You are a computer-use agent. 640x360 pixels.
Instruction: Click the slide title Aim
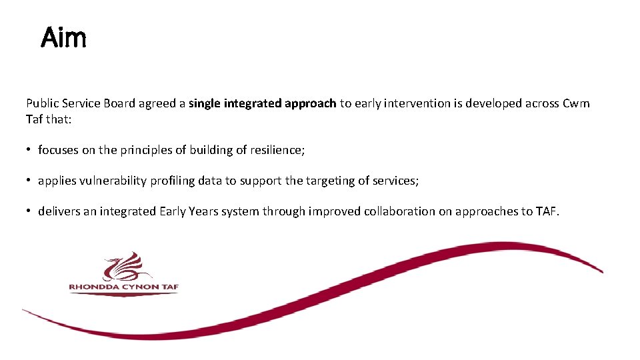63,38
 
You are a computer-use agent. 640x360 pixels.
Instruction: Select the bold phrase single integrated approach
262,104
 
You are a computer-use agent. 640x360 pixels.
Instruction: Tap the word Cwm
576,104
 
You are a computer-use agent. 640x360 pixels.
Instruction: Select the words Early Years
188,211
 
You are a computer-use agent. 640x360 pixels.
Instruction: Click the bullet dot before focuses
29,150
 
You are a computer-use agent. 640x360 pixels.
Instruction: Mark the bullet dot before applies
29,181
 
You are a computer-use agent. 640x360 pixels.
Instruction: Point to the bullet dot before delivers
29,211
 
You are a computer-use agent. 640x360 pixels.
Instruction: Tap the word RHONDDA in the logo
91,288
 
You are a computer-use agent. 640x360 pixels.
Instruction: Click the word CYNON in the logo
137,288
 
